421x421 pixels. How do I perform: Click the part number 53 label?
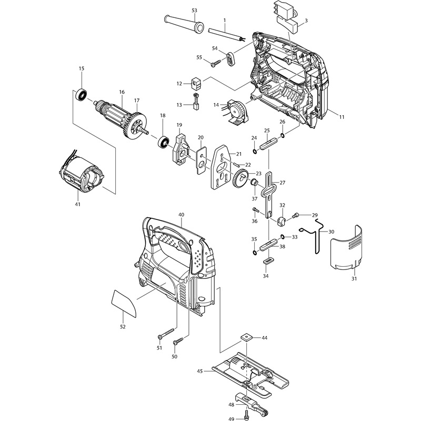[194, 11]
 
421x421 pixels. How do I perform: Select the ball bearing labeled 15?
[82, 95]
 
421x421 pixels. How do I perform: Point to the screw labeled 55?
[216, 63]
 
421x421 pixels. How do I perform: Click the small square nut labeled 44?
[246, 337]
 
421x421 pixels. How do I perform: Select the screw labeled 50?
[178, 340]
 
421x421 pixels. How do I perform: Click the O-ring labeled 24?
[255, 152]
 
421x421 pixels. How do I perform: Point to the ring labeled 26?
[283, 135]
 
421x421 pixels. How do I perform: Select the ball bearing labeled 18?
[164, 142]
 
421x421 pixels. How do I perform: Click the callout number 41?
[77, 204]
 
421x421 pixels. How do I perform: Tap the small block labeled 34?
[267, 261]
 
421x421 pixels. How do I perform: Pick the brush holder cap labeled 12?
[196, 84]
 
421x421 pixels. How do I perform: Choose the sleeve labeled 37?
[254, 183]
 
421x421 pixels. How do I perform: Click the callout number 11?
[342, 117]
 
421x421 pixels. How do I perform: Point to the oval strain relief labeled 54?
[231, 59]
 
